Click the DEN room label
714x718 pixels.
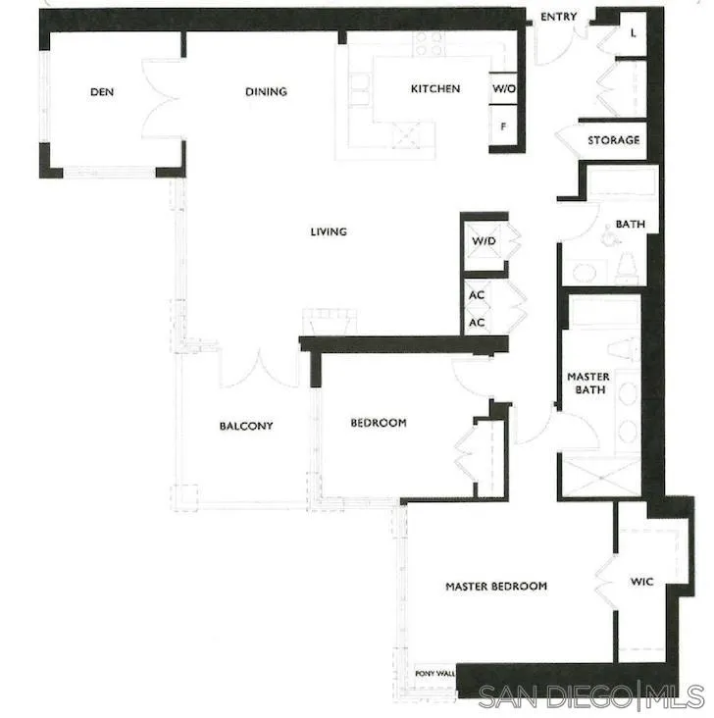click(x=102, y=92)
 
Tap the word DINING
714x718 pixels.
click(x=266, y=92)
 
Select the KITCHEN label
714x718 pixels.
click(x=434, y=89)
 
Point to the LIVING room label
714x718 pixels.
click(x=329, y=231)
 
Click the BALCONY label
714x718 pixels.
click(x=245, y=426)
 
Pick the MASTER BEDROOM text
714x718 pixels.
click(x=496, y=587)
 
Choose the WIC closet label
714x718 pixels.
click(x=641, y=582)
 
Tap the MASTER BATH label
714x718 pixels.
click(x=588, y=384)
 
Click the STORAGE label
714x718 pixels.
click(x=613, y=140)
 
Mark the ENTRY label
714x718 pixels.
click(x=558, y=17)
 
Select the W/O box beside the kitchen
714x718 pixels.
click(x=504, y=89)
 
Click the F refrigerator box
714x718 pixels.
click(x=503, y=126)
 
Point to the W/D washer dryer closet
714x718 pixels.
click(x=484, y=241)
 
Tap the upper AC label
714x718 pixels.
click(x=478, y=295)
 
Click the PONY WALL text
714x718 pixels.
click(x=435, y=674)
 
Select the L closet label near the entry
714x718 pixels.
click(x=633, y=32)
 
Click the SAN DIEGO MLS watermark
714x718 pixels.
click(x=592, y=695)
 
